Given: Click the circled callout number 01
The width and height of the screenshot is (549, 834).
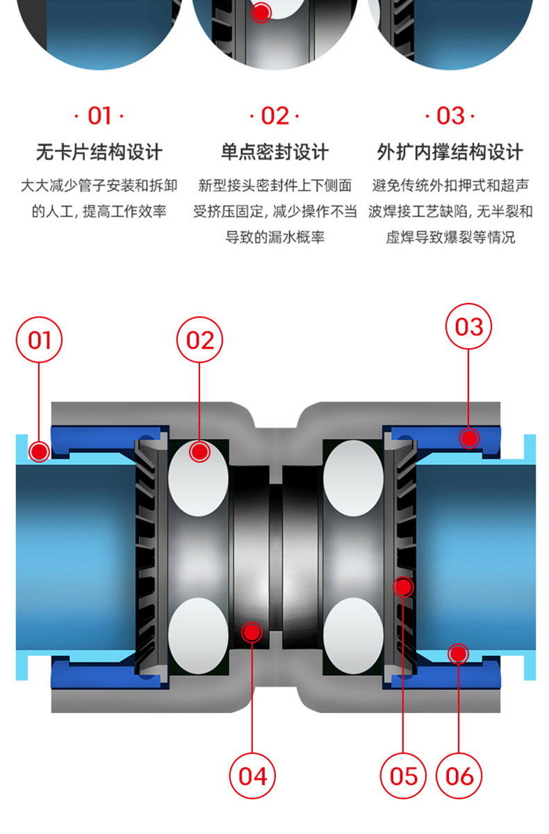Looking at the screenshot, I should [40, 341].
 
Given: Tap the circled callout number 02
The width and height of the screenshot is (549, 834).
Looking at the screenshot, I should [199, 341].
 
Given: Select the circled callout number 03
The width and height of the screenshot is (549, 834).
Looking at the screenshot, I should [468, 326].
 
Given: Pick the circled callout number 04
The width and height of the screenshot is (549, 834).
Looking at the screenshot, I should [252, 776].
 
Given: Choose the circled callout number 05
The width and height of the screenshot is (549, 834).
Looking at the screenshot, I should [404, 776].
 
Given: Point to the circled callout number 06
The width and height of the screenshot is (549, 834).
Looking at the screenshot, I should [459, 776].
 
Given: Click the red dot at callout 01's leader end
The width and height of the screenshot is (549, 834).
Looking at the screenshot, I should [40, 452].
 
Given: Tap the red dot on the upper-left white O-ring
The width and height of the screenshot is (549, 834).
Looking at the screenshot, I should [199, 452].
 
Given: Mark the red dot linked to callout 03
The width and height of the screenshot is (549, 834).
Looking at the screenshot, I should [470, 438].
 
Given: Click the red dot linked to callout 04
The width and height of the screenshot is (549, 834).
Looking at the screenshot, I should [251, 632].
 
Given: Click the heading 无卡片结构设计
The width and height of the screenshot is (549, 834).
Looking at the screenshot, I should [99, 152].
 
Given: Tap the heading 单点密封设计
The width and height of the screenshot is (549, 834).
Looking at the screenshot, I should [274, 152].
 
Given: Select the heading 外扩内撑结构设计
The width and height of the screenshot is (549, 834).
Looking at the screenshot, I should [450, 152].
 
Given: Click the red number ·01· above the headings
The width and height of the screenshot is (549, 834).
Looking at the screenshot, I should [99, 116].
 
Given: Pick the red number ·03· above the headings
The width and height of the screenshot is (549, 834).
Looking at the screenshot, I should [450, 116].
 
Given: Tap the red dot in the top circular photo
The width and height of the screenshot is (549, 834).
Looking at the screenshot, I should [261, 13].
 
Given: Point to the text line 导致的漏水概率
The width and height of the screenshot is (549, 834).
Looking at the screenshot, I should [275, 237].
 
